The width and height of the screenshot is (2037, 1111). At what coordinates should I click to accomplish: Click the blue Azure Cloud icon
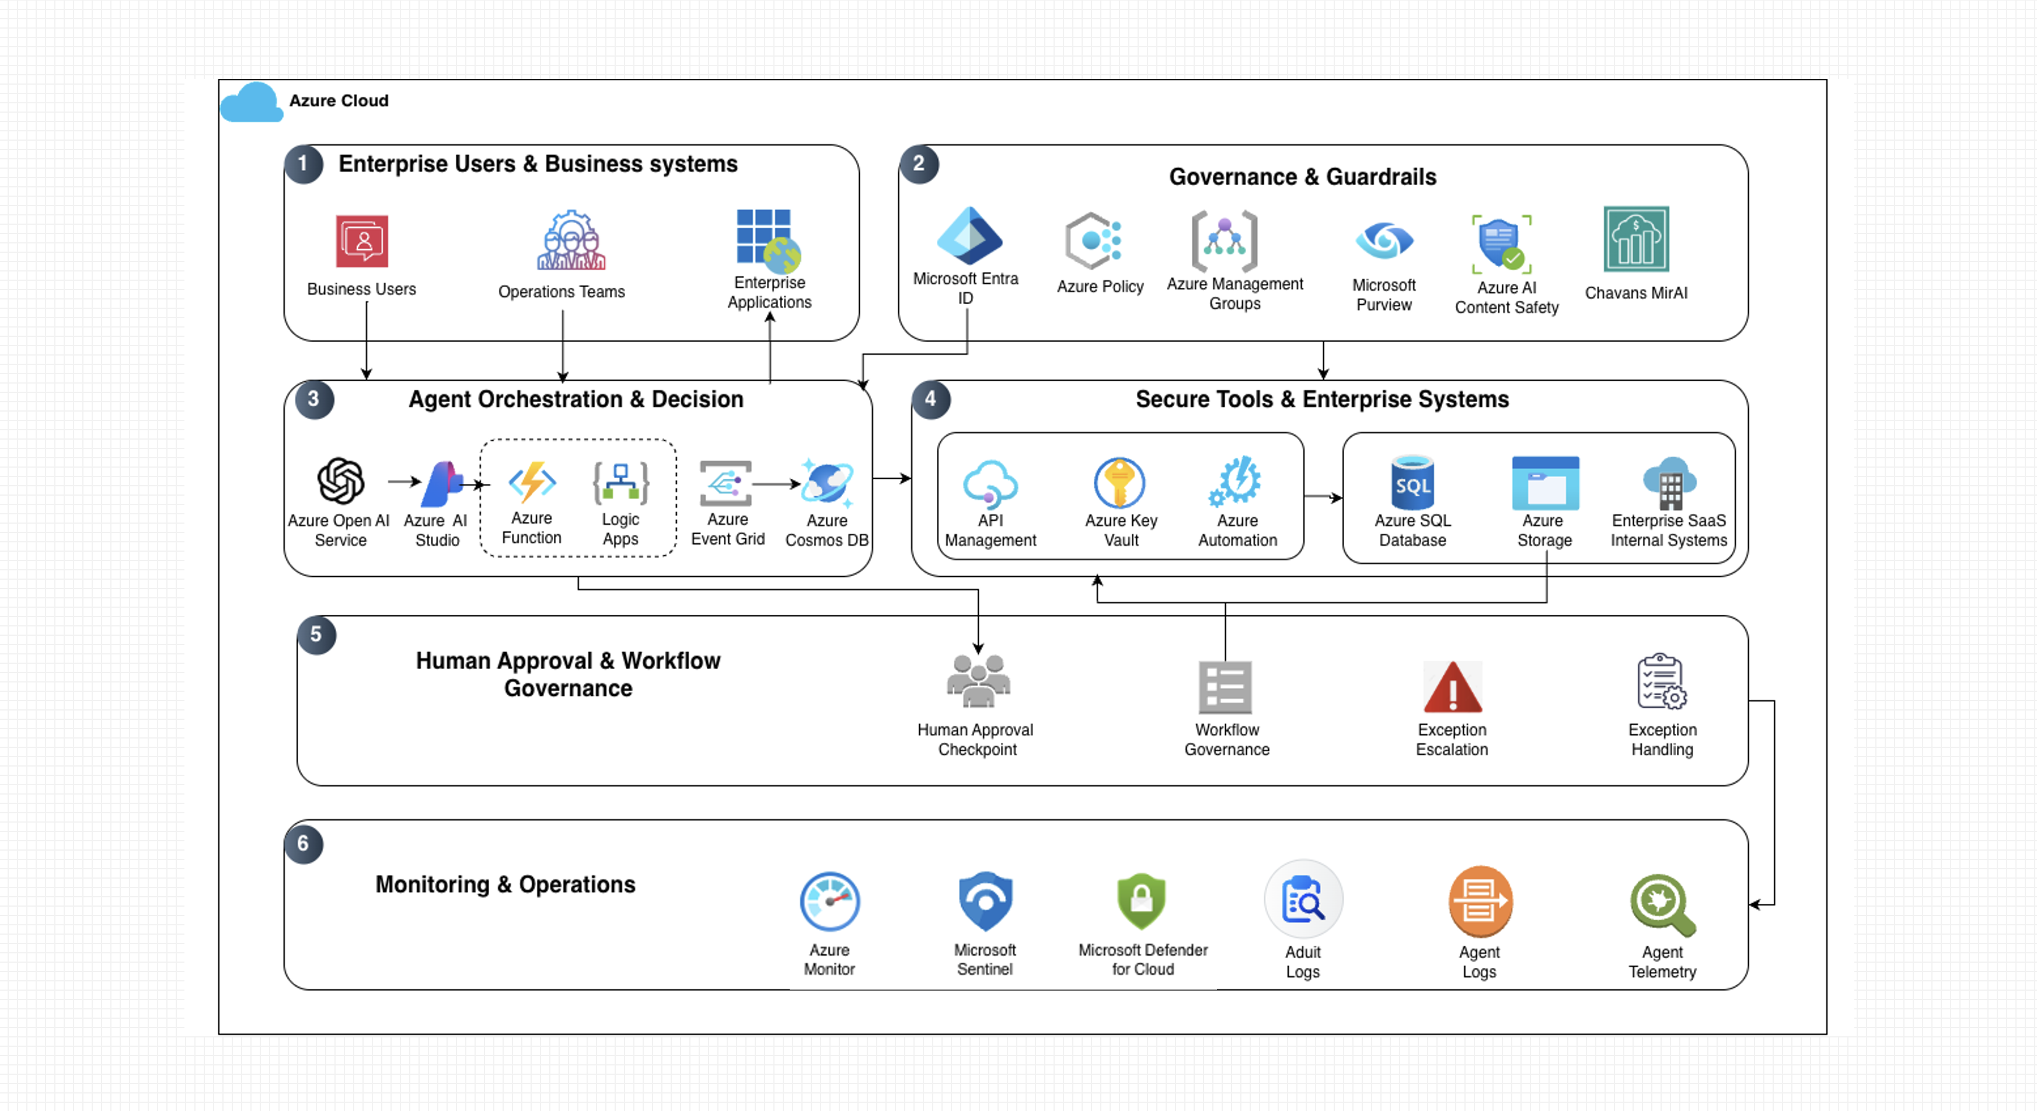click(x=252, y=102)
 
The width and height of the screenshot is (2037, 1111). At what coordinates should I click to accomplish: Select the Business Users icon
click(x=362, y=241)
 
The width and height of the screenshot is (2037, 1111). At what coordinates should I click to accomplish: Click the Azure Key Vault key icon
click(x=1119, y=482)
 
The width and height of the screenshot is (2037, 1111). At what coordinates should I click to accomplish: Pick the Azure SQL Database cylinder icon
click(x=1412, y=482)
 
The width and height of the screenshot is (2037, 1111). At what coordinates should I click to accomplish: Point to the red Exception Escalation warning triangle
click(x=1453, y=687)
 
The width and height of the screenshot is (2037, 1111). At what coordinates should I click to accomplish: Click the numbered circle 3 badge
click(x=314, y=399)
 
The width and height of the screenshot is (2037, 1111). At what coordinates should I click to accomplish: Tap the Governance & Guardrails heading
click(x=1302, y=177)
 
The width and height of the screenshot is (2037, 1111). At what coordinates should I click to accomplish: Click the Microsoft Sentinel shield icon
click(x=985, y=901)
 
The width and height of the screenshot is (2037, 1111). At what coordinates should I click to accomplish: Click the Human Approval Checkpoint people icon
click(x=978, y=681)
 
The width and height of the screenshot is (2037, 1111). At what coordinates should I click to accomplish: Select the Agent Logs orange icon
click(x=1480, y=902)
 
